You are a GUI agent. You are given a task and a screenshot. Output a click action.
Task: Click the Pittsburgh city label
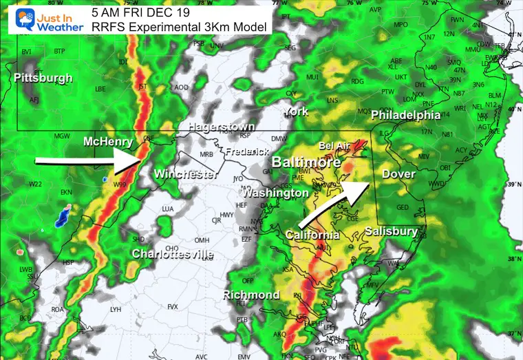coord(43,78)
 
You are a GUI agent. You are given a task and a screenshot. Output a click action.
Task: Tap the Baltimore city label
coord(306,163)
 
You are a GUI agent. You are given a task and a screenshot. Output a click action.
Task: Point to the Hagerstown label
coord(221,127)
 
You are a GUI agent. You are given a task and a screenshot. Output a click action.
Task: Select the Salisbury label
coord(391,231)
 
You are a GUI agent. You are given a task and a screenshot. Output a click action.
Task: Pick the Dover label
coord(398,174)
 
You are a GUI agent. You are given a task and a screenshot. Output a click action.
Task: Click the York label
coord(296,112)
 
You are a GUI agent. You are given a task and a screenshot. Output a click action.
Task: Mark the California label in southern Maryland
coord(312,235)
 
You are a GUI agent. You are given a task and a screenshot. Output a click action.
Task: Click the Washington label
coord(275,193)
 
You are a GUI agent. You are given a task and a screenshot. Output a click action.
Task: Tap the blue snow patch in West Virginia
coord(65,216)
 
